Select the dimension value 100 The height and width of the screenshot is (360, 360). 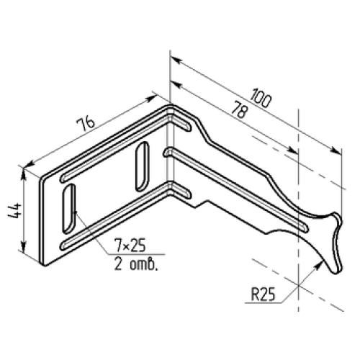(x=261, y=98)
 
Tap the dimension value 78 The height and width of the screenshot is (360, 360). (x=239, y=109)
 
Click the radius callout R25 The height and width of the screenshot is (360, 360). (x=263, y=294)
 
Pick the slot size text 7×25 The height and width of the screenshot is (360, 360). (x=130, y=246)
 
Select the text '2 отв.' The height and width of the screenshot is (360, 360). (x=136, y=265)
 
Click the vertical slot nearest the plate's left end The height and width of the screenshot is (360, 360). (x=69, y=208)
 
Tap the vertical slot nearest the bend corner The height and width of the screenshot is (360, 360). (x=142, y=166)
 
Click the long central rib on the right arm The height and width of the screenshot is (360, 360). (x=236, y=190)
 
